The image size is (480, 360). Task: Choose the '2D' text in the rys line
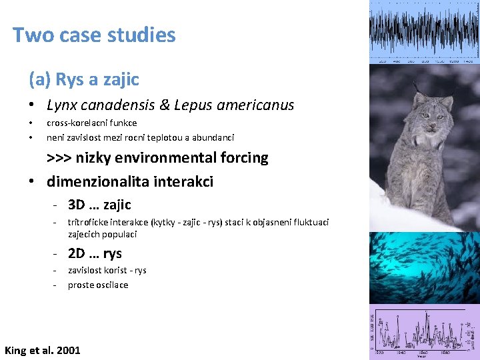pos(77,253)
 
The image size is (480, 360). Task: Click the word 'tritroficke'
pos(89,222)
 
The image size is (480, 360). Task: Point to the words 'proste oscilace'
pos(98,285)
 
